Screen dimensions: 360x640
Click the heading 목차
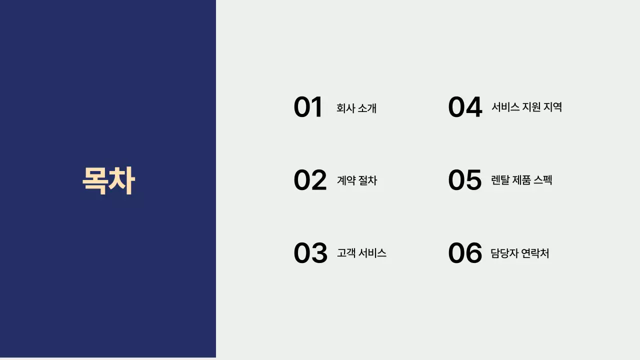(x=108, y=180)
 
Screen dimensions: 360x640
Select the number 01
(x=308, y=107)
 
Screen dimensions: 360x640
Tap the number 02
(x=310, y=180)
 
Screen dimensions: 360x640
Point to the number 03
(x=310, y=253)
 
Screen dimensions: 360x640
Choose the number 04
(x=465, y=107)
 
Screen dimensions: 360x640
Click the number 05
(x=465, y=180)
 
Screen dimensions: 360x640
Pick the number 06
(x=465, y=253)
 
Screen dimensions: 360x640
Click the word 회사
(x=345, y=108)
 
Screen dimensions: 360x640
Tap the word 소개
(x=367, y=108)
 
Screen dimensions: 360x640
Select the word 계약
(x=345, y=180)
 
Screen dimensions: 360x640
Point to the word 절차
(x=368, y=180)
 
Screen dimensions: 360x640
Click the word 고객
(x=345, y=253)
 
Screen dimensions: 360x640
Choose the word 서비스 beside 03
(x=373, y=253)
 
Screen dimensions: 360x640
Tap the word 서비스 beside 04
(x=505, y=107)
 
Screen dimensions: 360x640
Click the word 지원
(x=532, y=107)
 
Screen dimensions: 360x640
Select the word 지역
(x=554, y=107)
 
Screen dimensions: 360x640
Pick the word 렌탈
(x=500, y=180)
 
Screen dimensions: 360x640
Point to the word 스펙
(x=543, y=180)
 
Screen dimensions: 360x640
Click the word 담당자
(x=504, y=253)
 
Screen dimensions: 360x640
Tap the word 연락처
(x=535, y=253)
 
